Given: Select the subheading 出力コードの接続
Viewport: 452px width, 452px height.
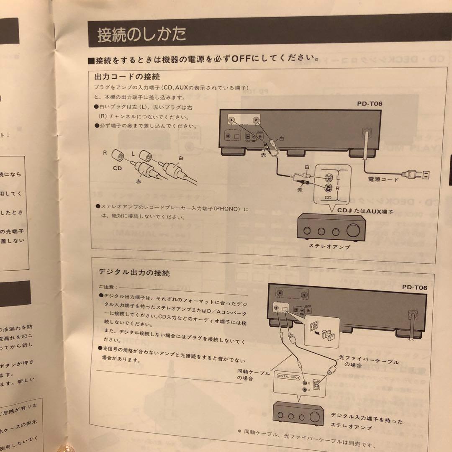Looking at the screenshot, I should (127, 77).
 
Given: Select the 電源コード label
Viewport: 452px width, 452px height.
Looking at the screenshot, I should (383, 180).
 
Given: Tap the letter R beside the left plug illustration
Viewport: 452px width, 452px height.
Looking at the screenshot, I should (105, 154).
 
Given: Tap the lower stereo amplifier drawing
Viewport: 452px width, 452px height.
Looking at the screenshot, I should (298, 413).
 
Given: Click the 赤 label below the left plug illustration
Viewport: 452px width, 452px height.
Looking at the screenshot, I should (139, 182).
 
